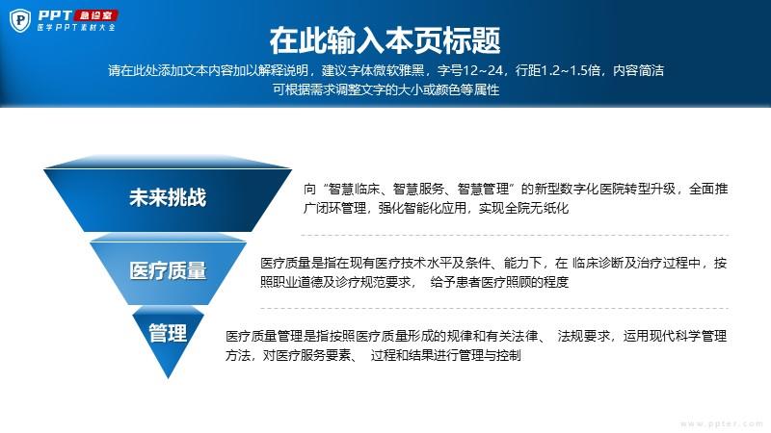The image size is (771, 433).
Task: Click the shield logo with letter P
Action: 20,20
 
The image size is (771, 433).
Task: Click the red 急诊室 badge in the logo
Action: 95,15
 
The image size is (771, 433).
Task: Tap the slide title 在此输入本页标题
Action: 385,40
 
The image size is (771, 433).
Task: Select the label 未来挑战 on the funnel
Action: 168,197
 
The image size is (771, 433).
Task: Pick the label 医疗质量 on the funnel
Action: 168,270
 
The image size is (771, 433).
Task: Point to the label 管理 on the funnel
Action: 168,333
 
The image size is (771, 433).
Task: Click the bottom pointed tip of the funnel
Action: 168,378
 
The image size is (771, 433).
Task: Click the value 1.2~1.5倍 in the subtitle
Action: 571,70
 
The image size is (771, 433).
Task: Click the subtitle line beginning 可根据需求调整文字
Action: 386,89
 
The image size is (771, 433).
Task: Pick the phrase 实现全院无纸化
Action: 524,208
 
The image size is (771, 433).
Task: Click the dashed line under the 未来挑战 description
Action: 515,235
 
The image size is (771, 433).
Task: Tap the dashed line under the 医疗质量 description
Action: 494,308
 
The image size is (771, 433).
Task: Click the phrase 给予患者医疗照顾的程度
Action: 499,282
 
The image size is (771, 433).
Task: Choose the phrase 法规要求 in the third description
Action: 584,336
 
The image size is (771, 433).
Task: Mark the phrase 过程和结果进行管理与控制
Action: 446,355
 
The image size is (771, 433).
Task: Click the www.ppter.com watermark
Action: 721,423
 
